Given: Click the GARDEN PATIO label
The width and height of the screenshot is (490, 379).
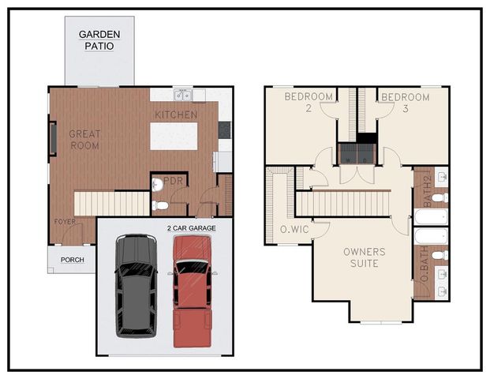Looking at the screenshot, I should click(x=99, y=40).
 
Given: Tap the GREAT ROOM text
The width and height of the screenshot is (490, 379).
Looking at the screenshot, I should click(x=84, y=140).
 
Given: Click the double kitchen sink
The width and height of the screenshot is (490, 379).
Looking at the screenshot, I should click(x=183, y=96).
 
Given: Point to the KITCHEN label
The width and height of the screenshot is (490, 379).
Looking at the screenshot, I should click(x=175, y=114).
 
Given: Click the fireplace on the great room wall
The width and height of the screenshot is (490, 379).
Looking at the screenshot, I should click(x=53, y=138).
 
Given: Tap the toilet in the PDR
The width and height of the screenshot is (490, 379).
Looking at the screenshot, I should click(x=161, y=205).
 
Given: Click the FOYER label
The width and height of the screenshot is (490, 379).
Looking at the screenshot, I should click(x=65, y=222).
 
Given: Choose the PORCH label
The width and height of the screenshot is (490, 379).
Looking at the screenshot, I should click(x=73, y=259).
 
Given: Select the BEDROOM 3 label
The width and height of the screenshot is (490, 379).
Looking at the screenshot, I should click(x=405, y=102).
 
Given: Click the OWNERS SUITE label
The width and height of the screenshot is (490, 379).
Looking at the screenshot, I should click(x=364, y=257).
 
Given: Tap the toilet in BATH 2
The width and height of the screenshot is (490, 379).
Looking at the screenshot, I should click(x=440, y=197).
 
